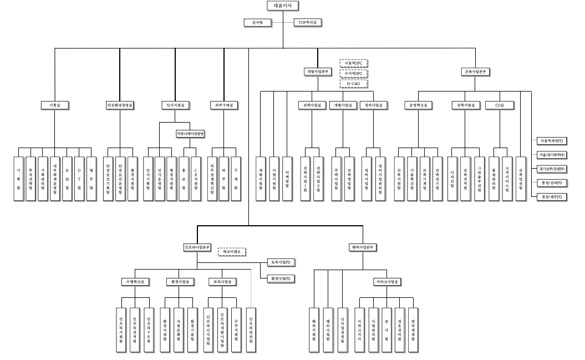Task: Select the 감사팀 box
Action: tap(257, 22)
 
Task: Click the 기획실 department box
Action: tap(54, 104)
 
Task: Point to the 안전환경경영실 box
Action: tap(120, 104)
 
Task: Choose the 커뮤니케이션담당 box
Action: tap(190, 134)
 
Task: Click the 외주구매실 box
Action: tap(224, 104)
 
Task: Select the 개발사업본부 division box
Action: tap(318, 72)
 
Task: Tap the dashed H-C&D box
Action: tap(354, 83)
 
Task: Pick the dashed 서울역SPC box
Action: tap(354, 63)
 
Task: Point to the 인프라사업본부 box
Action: tap(197, 247)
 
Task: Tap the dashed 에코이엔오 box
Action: tap(231, 251)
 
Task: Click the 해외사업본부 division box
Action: tap(363, 247)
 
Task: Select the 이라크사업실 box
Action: tap(386, 282)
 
